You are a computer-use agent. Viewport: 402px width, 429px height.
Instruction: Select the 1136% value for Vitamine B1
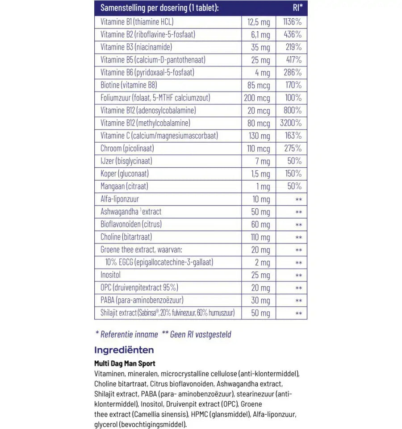tap(292, 22)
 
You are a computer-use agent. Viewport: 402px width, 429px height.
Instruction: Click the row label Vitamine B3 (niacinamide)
tap(130, 47)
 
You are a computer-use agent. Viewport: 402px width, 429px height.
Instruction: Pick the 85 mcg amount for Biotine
tap(256, 85)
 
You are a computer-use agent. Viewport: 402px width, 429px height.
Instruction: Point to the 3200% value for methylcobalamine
tap(291, 123)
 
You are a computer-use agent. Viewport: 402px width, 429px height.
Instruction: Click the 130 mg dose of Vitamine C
tap(258, 136)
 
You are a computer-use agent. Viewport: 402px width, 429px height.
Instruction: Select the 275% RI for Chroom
tap(293, 148)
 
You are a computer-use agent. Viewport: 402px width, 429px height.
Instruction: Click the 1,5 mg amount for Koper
tap(259, 174)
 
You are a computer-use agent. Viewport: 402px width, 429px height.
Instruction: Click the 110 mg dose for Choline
tap(259, 237)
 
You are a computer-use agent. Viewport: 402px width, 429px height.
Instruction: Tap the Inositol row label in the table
tap(111, 275)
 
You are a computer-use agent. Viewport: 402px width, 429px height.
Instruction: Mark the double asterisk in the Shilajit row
tap(299, 313)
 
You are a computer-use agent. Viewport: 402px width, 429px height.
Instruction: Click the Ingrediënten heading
tap(124, 350)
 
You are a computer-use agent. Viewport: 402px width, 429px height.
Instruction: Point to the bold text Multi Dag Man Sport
tap(125, 364)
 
